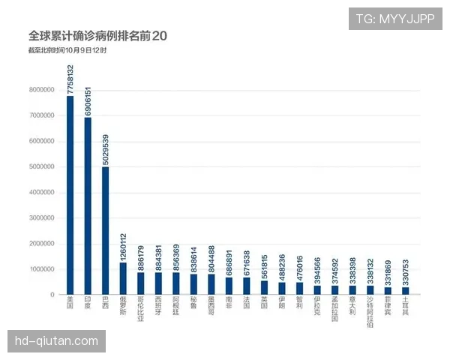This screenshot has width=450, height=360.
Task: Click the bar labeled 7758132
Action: click(70, 195)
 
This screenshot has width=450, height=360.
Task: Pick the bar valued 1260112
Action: click(123, 278)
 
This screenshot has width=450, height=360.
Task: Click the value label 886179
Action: click(140, 256)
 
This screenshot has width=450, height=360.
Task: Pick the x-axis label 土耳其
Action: click(406, 306)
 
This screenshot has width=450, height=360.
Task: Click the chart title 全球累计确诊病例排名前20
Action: click(98, 36)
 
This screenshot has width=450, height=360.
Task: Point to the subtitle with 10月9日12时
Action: click(67, 50)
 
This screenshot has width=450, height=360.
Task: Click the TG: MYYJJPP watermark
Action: click(394, 18)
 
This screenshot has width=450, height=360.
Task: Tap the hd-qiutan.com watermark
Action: click(56, 341)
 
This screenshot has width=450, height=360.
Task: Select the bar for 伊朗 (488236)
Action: click(282, 288)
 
